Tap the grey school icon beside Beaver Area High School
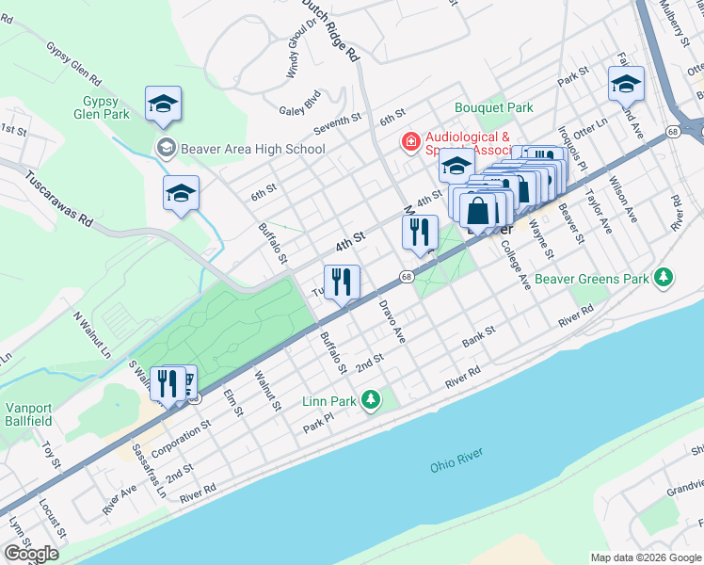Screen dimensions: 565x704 (166, 148)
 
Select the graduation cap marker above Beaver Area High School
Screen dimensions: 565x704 (163, 105)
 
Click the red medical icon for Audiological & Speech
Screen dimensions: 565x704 (410, 142)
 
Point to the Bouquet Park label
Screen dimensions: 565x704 (494, 108)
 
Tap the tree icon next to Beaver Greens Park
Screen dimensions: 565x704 (664, 278)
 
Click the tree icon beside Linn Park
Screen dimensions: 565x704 (371, 401)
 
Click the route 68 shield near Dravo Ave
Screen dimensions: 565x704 (406, 277)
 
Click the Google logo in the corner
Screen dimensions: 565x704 (31, 554)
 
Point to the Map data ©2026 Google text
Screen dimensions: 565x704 (646, 557)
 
